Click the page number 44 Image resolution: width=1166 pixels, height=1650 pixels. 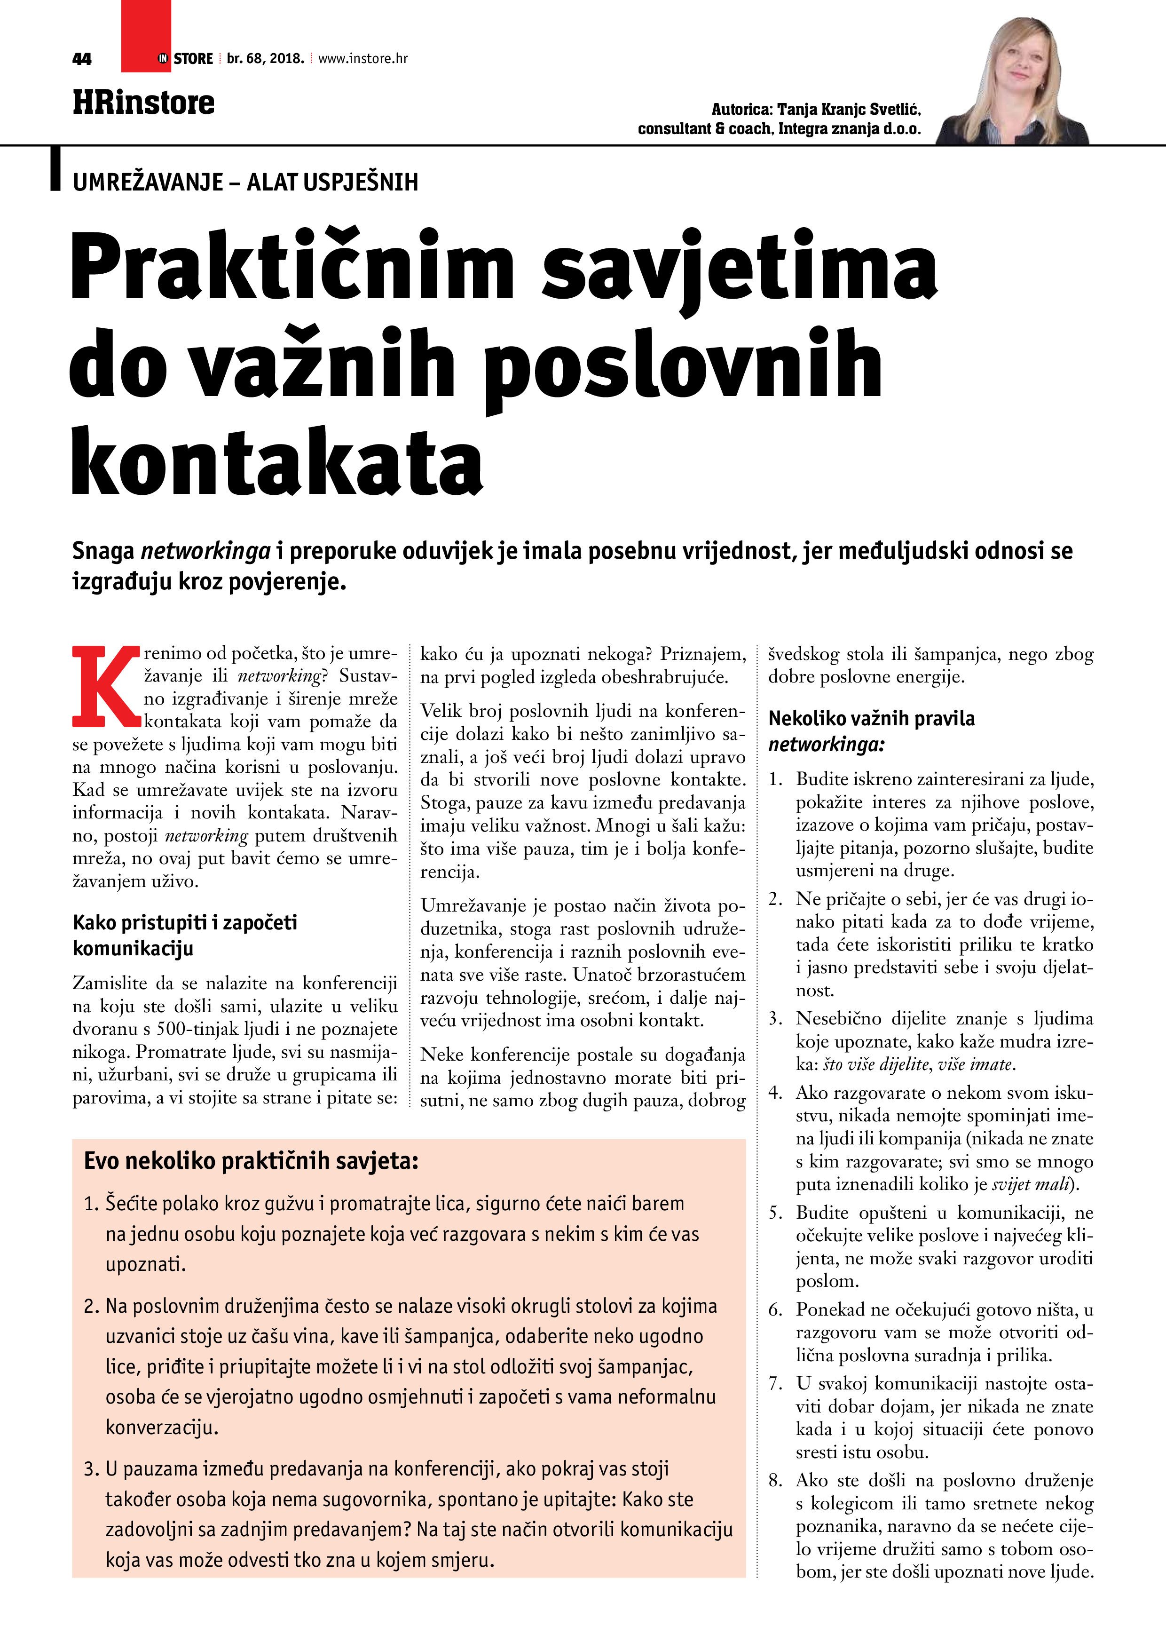click(x=82, y=59)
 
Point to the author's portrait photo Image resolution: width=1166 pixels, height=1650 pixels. click(x=1014, y=83)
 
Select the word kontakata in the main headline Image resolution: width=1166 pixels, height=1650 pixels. click(x=276, y=460)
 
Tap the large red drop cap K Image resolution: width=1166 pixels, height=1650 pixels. click(x=106, y=686)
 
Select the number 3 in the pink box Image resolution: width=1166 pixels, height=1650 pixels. click(x=91, y=1469)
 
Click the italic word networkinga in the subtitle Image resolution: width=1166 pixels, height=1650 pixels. click(x=205, y=551)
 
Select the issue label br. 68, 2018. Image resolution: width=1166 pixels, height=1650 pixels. click(x=265, y=59)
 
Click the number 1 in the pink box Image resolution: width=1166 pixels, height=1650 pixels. click(x=91, y=1204)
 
